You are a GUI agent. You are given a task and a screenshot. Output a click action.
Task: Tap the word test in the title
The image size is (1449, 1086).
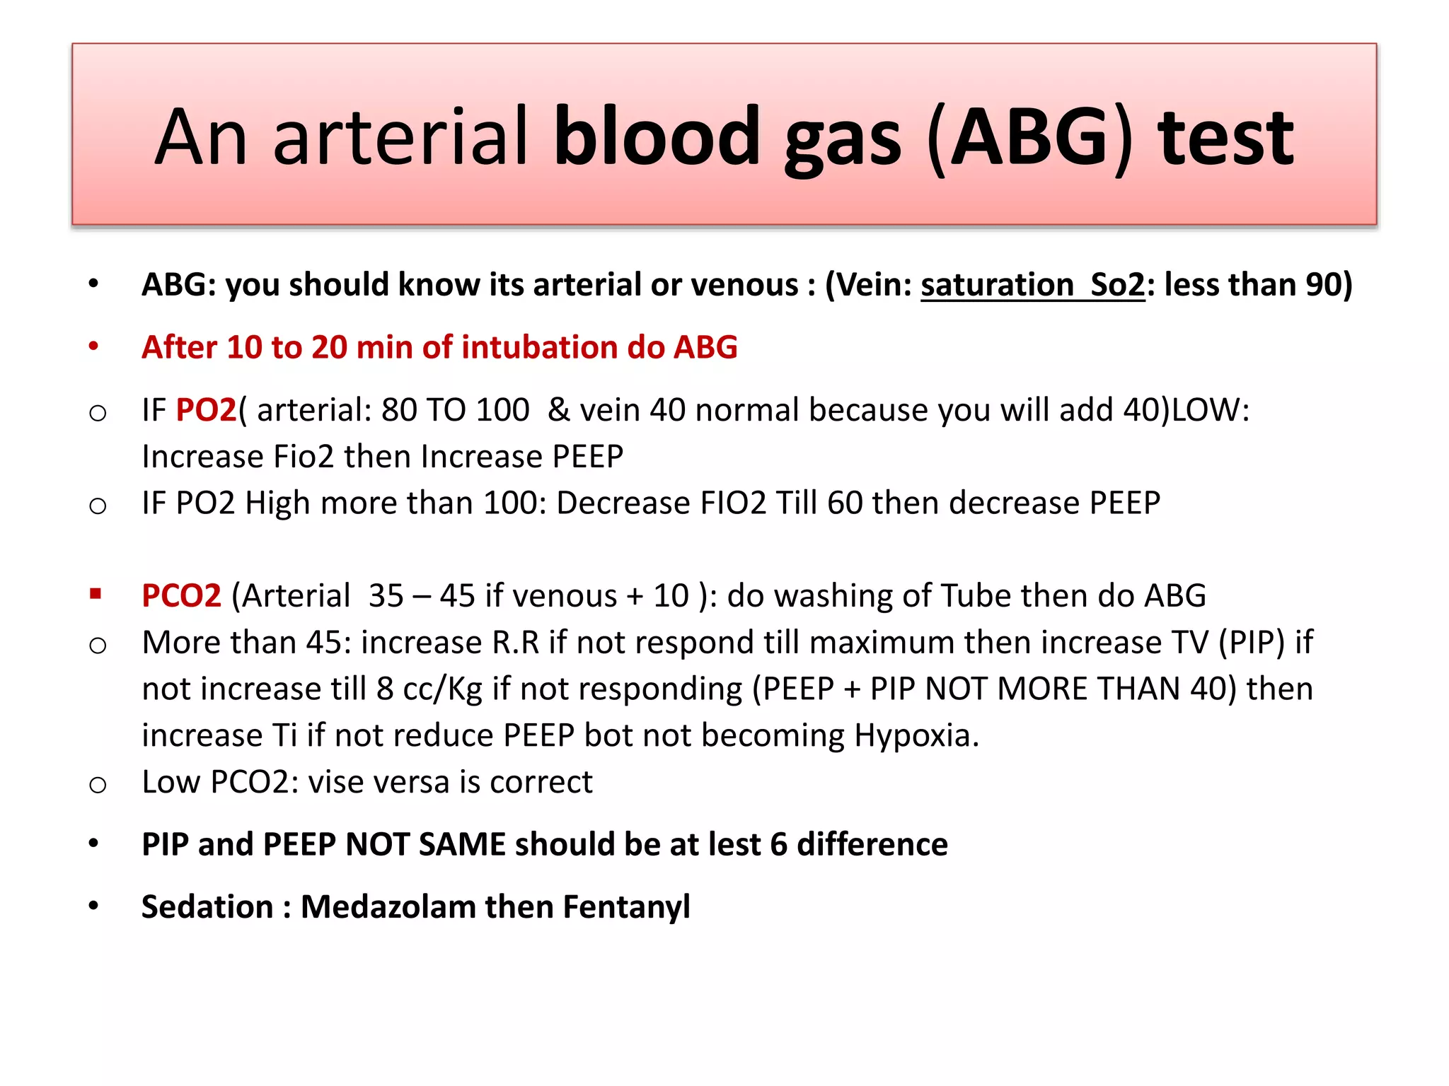point(1225,138)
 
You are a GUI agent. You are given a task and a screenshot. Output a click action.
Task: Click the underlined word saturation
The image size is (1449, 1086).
point(996,285)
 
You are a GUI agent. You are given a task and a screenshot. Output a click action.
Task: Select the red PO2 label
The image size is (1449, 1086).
point(205,410)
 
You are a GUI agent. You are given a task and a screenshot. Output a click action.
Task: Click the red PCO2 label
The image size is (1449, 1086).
point(181,595)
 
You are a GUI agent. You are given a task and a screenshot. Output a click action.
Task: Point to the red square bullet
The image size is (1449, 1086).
point(96,593)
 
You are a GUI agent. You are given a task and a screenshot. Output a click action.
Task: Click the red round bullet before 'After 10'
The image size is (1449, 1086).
point(93,346)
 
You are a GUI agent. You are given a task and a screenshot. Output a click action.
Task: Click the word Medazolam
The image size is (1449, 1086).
point(391,907)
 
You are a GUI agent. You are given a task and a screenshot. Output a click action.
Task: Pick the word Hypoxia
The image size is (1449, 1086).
point(916,736)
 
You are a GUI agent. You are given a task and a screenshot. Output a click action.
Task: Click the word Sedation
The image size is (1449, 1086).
point(207,907)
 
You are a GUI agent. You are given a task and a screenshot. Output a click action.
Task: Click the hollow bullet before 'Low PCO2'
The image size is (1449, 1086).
point(98,784)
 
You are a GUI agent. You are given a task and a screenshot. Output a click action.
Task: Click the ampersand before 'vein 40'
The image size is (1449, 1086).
point(558,410)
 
